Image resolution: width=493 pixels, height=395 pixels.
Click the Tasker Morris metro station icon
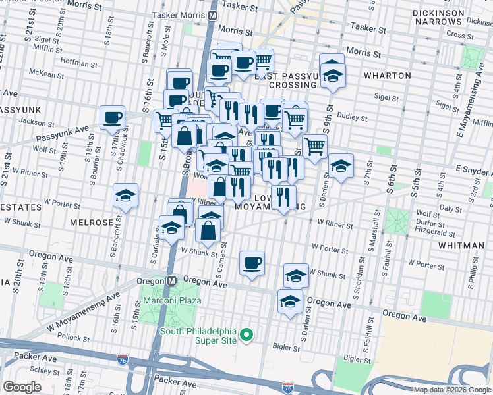212,14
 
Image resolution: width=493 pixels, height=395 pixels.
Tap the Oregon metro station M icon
171,280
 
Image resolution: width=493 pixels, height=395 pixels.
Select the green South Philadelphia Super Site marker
246,336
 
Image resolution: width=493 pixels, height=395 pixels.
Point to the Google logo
22,386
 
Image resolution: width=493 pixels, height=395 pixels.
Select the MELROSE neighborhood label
91,223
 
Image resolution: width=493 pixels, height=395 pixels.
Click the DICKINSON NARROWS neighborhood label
448,17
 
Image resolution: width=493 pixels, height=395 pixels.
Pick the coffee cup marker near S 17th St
113,118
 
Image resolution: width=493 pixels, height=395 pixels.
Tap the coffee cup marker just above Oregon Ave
252,263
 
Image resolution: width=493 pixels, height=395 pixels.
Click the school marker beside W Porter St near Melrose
125,196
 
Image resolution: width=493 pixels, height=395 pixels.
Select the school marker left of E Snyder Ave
341,167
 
